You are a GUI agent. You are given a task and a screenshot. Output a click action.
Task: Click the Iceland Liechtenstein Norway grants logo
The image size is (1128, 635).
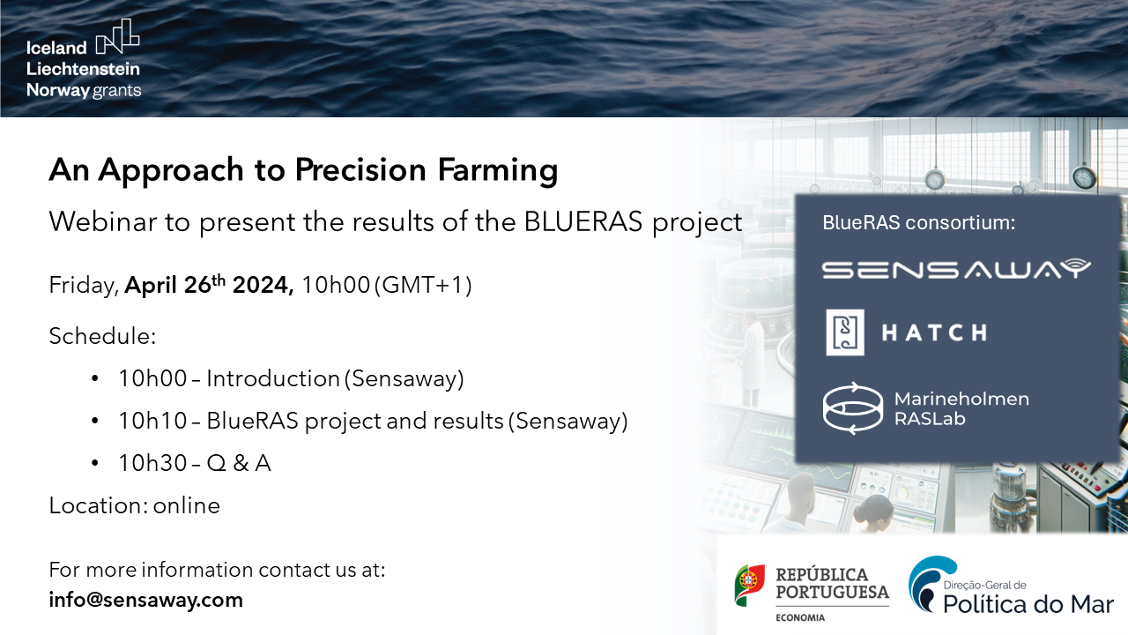click(x=84, y=58)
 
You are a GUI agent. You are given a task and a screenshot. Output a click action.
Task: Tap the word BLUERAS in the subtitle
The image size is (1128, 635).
click(x=584, y=221)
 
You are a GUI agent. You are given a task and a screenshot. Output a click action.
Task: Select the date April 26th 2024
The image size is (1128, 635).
click(x=209, y=286)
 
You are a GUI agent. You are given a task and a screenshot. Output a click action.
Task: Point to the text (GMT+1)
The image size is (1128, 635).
click(x=423, y=286)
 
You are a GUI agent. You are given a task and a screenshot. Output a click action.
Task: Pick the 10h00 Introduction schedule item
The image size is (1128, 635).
click(x=291, y=378)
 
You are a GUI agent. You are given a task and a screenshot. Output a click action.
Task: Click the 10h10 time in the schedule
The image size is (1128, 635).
click(x=152, y=421)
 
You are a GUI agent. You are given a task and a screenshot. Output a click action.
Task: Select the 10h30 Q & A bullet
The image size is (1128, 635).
click(x=194, y=463)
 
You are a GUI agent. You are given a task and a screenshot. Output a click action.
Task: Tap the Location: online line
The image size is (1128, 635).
click(x=134, y=505)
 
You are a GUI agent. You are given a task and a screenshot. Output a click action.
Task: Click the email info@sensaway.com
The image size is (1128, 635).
click(x=145, y=601)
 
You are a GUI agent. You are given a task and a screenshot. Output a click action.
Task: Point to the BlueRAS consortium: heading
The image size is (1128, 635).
click(x=919, y=223)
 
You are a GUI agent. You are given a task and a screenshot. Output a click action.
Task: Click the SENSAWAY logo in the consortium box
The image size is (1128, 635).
click(x=956, y=269)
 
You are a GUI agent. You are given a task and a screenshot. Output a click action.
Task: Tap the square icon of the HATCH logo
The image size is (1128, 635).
click(x=844, y=332)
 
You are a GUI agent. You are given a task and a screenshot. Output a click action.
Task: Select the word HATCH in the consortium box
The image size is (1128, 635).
click(x=934, y=332)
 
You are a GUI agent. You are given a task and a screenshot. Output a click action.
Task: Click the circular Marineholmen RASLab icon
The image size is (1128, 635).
click(x=852, y=408)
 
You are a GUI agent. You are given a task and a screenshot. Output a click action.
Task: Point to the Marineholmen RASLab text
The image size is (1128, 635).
click(x=961, y=408)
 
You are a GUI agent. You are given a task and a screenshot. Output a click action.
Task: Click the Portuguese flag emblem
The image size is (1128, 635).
click(x=749, y=585)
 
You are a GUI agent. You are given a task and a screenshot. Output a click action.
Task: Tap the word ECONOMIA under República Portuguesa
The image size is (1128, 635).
click(x=800, y=617)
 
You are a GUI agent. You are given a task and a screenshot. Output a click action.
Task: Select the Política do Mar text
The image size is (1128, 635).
click(x=1028, y=604)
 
